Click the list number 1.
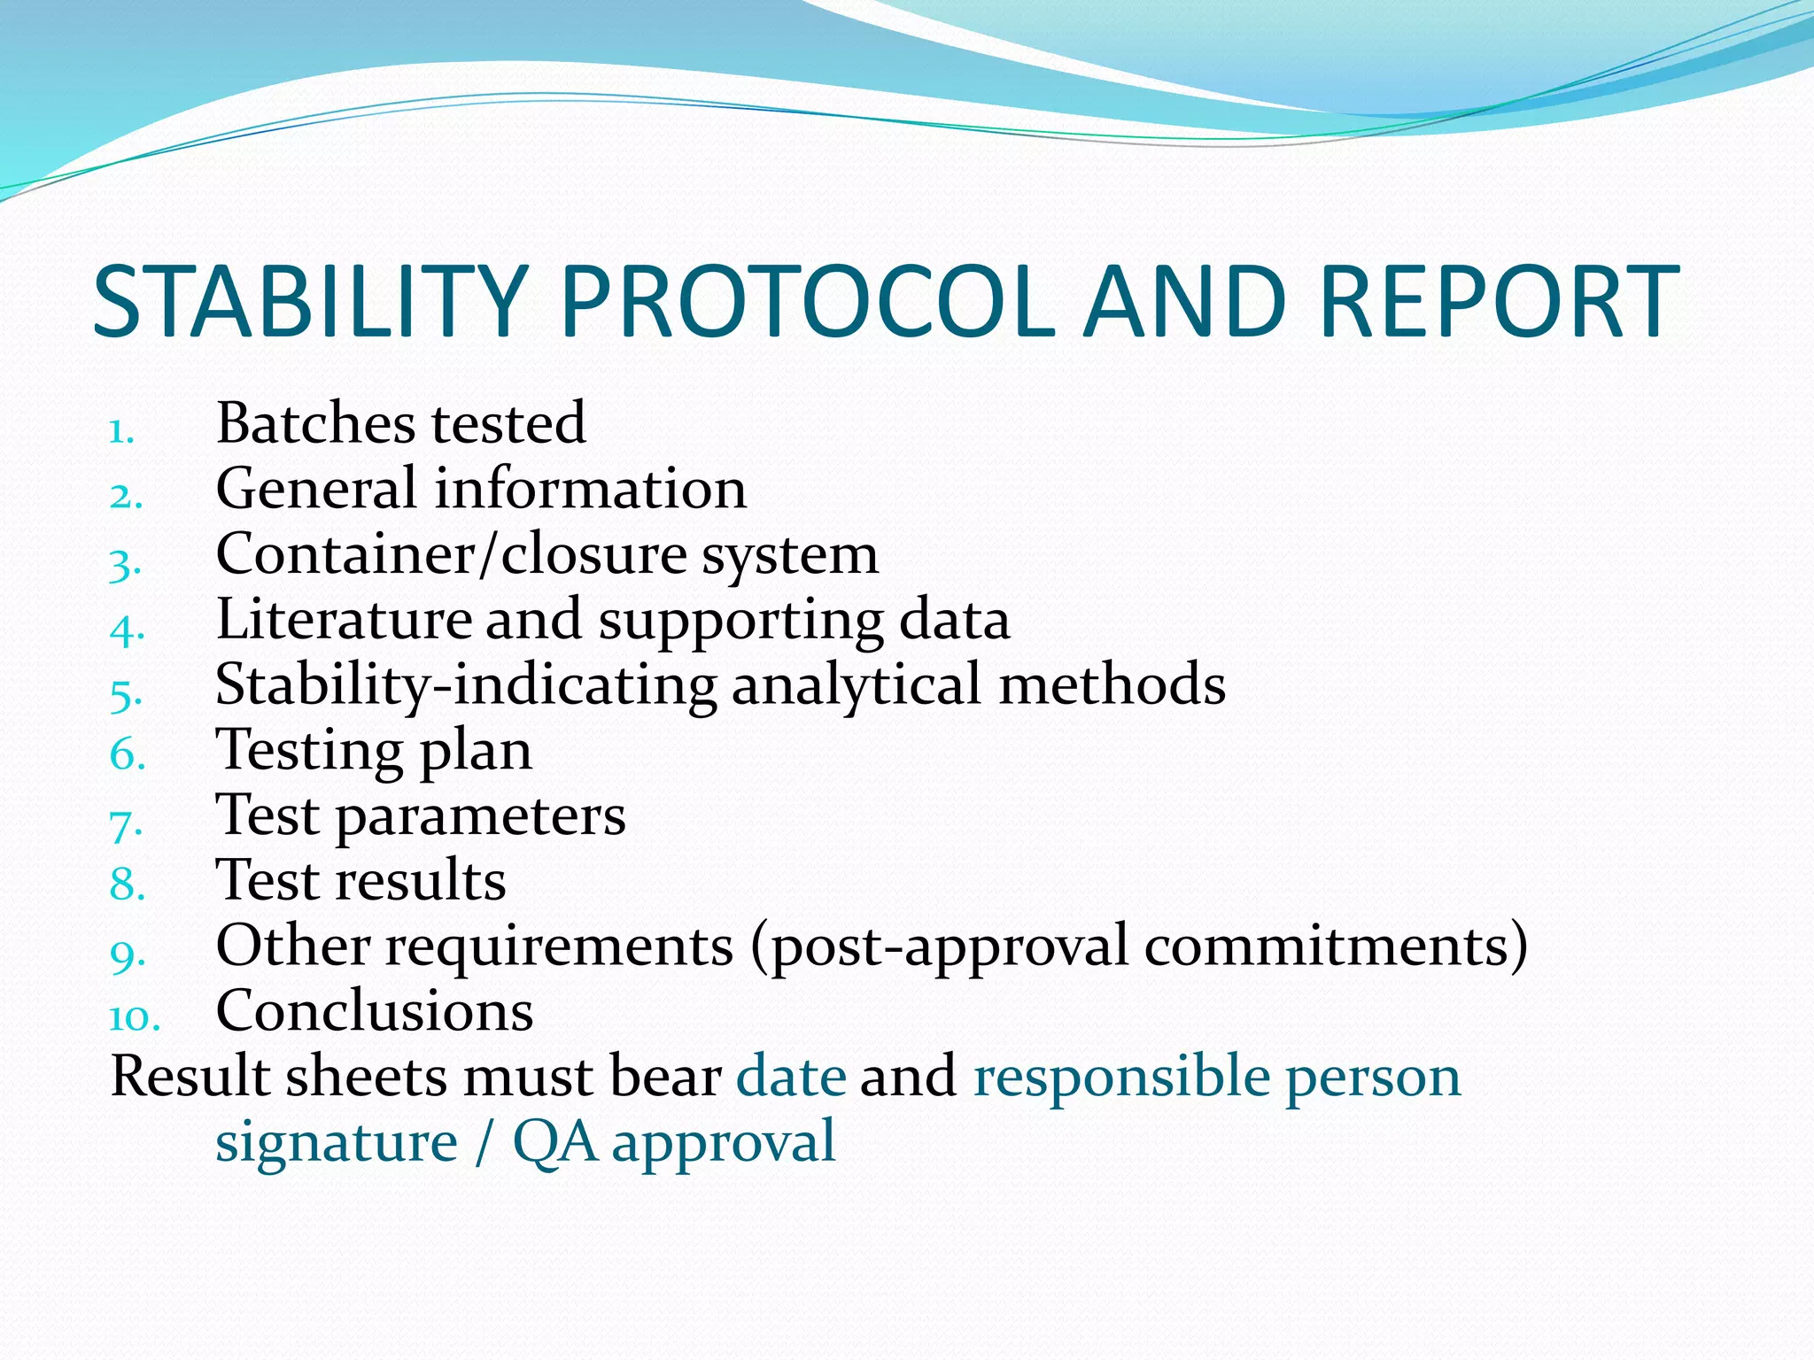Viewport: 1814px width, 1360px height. point(120,432)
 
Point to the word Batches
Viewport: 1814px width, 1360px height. point(315,422)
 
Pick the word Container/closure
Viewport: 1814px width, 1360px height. point(451,554)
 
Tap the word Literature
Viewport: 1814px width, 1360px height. point(344,619)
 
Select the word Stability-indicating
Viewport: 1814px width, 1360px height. point(466,684)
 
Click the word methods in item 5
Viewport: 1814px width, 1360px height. point(1112,684)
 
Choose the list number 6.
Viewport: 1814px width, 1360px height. point(127,755)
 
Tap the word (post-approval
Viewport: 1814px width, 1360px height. point(939,947)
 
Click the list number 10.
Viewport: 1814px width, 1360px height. point(134,1017)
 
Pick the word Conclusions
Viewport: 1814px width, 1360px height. point(375,1010)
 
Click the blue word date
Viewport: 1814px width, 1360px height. point(791,1077)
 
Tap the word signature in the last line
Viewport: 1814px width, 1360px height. point(337,1142)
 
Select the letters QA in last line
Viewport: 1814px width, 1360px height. point(554,1142)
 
